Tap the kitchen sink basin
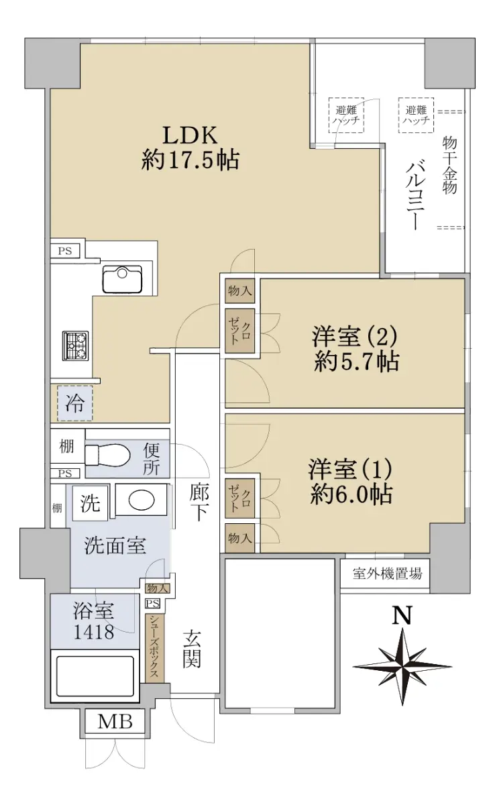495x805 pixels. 122,280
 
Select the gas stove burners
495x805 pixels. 75,345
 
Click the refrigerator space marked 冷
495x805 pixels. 74,403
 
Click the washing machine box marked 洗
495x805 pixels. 90,502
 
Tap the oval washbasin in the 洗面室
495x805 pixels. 141,500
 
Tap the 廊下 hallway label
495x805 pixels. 199,502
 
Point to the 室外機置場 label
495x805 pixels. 387,573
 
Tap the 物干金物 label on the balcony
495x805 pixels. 449,165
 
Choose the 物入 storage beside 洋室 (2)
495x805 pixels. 239,290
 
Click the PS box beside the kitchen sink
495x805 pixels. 65,250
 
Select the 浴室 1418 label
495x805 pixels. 94,621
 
